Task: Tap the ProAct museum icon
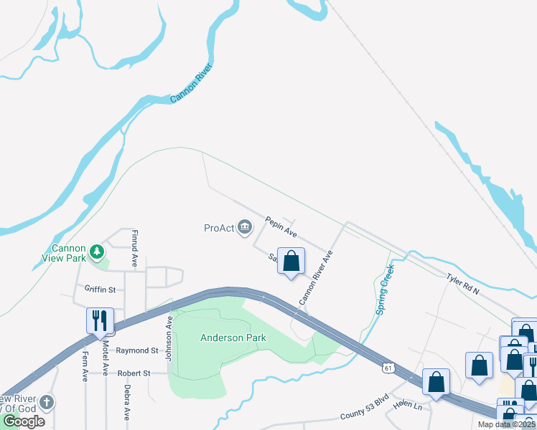245,228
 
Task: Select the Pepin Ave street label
281,227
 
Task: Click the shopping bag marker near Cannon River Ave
291,262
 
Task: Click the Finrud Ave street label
134,249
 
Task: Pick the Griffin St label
100,290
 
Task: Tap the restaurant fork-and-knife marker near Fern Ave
100,320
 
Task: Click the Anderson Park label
233,338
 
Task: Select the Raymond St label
137,351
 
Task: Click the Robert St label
134,373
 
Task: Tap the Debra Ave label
126,403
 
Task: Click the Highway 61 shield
388,368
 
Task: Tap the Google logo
23,421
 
